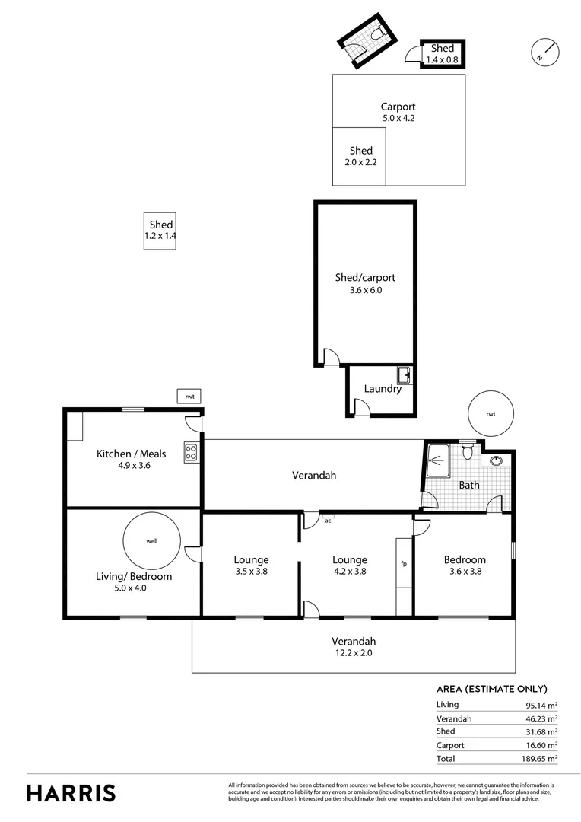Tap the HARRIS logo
click(71, 792)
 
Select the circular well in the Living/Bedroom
click(151, 541)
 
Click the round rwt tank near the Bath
click(491, 414)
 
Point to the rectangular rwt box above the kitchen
click(189, 397)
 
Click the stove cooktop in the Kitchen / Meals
click(191, 454)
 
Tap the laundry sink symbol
click(405, 374)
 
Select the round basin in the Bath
click(496, 460)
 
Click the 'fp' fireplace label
click(404, 564)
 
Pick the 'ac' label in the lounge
click(328, 521)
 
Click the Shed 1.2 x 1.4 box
click(160, 231)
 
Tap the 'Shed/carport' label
click(365, 277)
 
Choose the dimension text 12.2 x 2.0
click(354, 652)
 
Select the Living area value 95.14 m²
click(539, 705)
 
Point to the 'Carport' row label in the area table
click(450, 745)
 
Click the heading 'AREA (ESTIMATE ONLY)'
click(491, 689)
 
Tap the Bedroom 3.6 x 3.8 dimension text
click(465, 571)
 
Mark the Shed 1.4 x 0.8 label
click(443, 54)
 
